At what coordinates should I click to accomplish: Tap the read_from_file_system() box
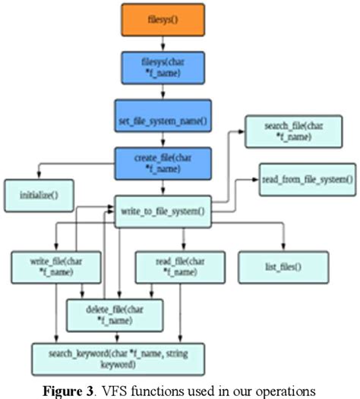tap(307, 178)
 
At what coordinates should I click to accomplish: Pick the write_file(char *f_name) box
tap(49, 267)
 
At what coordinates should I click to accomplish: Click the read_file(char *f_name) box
tap(173, 267)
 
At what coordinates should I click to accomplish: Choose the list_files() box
tap(283, 267)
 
